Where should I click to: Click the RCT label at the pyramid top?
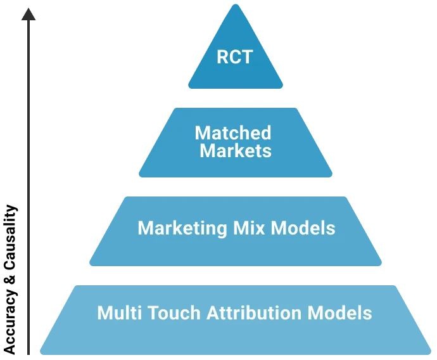(x=234, y=57)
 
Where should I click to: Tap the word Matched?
(x=232, y=133)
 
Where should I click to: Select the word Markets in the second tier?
(x=236, y=151)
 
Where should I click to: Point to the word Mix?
(x=250, y=228)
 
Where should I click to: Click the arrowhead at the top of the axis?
(x=28, y=12)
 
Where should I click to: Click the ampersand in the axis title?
(x=9, y=279)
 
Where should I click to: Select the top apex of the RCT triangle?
(x=236, y=6)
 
